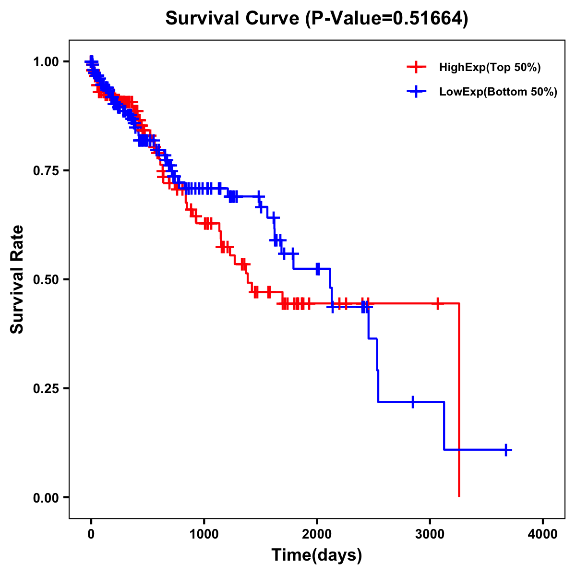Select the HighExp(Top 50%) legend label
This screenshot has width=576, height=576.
490,68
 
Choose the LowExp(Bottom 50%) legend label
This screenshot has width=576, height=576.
498,92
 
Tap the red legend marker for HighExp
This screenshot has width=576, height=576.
416,68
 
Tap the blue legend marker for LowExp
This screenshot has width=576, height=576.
416,92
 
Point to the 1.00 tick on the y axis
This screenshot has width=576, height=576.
46,61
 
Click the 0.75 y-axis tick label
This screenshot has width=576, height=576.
46,170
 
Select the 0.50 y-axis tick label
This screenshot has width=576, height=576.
46,279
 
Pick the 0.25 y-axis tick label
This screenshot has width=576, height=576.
46,388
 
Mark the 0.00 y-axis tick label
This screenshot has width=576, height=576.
46,497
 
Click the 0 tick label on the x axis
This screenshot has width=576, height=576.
91,534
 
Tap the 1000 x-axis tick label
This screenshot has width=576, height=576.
204,534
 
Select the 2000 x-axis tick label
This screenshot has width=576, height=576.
317,534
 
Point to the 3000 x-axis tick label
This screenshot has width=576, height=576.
430,534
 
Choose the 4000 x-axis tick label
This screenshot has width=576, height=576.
543,534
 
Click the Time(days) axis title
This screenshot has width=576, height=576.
317,555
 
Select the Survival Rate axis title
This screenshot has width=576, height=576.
17,279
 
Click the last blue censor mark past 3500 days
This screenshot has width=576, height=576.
506,450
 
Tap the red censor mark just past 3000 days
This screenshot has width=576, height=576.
437,303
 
